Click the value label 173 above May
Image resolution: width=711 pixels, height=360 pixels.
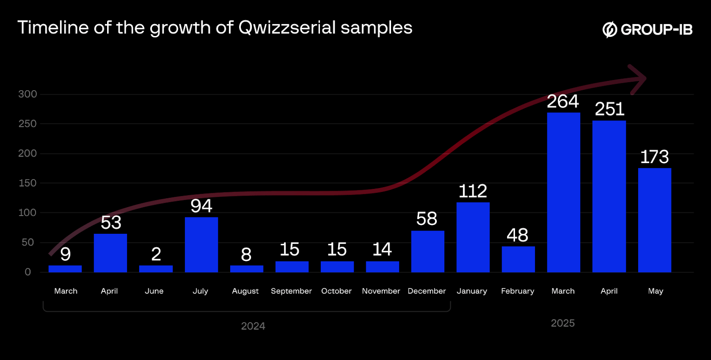pos(654,157)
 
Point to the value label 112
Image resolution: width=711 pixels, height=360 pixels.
pos(473,191)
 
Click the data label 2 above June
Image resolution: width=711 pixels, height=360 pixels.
pos(156,254)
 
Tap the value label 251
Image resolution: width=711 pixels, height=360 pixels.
pos(609,109)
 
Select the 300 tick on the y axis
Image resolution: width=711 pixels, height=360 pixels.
pos(28,94)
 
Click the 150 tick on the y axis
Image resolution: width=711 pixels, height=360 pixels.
pos(28,183)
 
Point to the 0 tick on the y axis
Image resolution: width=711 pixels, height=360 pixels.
pos(28,272)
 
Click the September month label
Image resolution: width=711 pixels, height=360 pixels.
pos(291,291)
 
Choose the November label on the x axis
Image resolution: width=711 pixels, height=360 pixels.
pos(381,291)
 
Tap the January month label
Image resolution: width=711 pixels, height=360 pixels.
pos(471,291)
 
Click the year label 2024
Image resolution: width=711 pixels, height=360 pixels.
pos(253,326)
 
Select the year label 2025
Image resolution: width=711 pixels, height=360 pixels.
pos(563,323)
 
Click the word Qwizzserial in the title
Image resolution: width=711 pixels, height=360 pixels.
pos(287,28)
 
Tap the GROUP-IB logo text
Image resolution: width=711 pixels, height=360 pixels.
pos(656,30)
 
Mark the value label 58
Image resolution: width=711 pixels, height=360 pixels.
pos(427,219)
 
